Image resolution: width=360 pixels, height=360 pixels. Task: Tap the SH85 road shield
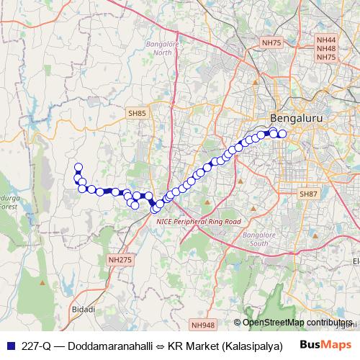[137, 113]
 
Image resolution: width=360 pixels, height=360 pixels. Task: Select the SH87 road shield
[308, 194]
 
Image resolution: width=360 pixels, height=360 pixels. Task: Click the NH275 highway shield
[120, 259]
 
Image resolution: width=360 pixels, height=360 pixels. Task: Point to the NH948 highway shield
[204, 325]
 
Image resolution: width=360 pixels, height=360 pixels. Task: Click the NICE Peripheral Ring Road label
[199, 222]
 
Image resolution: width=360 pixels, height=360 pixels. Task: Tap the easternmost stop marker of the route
[282, 134]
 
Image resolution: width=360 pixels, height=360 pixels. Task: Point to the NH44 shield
[326, 40]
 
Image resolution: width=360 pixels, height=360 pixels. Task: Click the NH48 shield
[326, 49]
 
